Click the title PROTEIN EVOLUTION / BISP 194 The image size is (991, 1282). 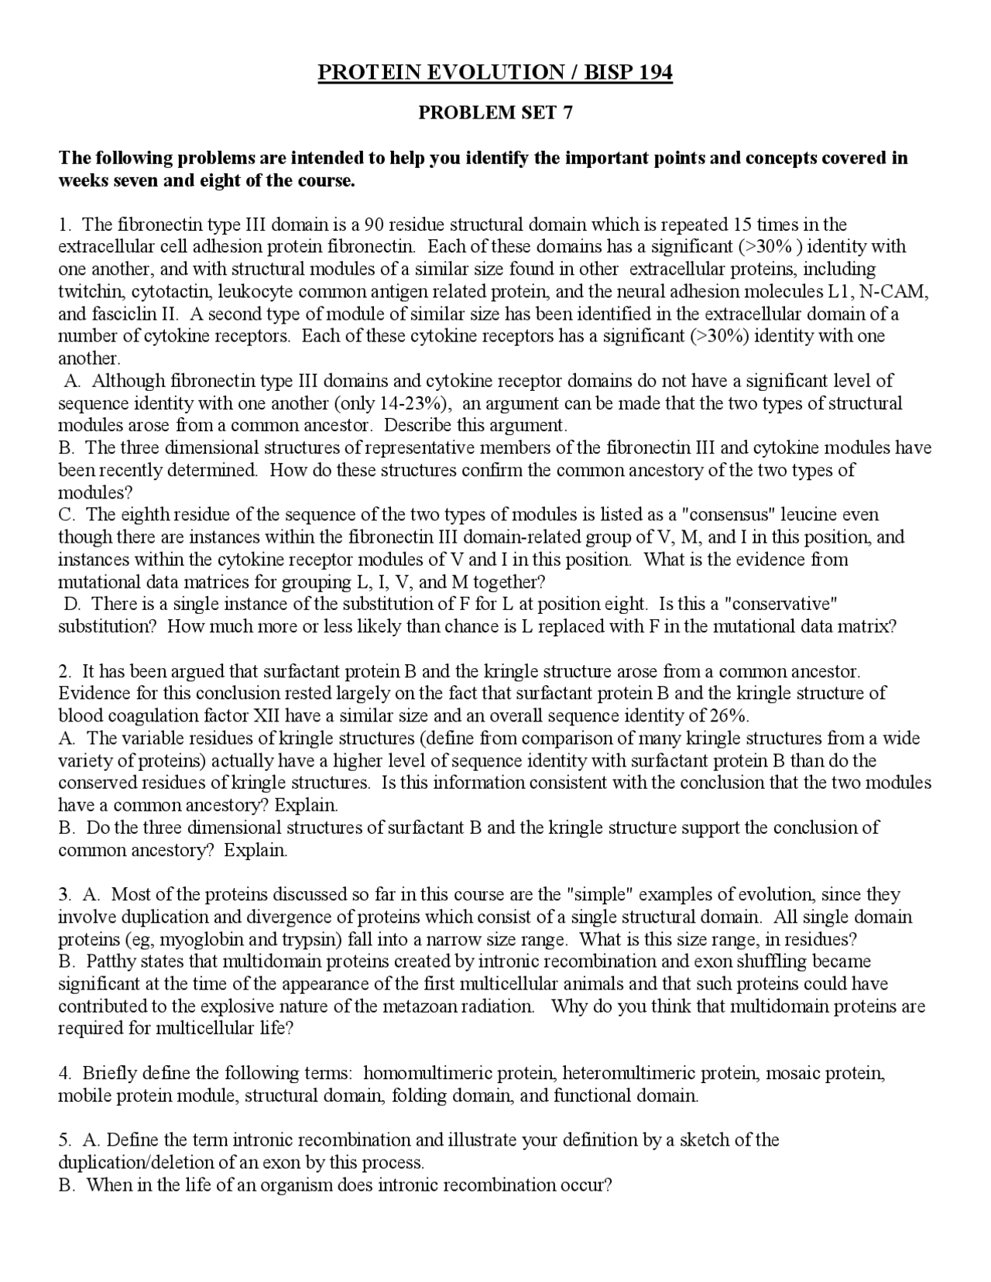click(x=495, y=73)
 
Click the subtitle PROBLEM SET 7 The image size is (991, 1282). click(x=495, y=113)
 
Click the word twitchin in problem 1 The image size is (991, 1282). click(x=91, y=292)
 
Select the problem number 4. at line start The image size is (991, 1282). click(x=65, y=1074)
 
